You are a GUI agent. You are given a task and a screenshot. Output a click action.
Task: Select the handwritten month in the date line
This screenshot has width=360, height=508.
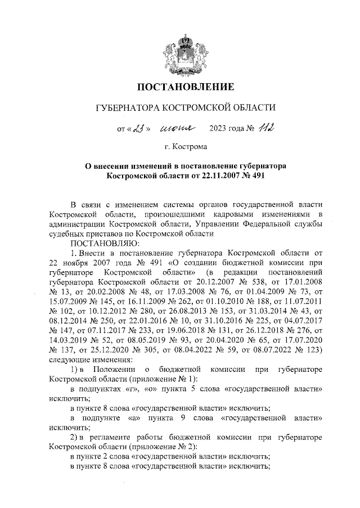177,129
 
